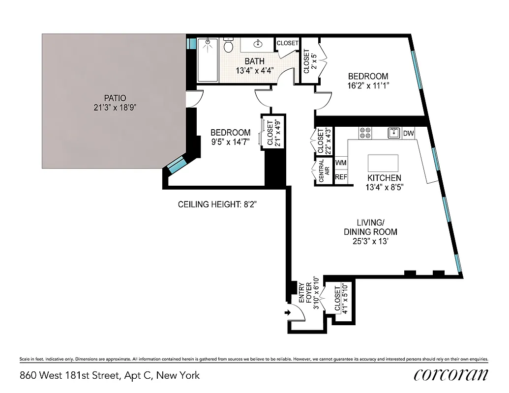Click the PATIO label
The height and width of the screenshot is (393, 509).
coord(115,98)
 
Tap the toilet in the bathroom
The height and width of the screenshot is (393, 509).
coord(228,46)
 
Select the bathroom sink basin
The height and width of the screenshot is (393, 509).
coord(257,44)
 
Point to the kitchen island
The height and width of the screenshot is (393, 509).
coord(383,163)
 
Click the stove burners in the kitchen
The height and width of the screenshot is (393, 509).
coord(365,133)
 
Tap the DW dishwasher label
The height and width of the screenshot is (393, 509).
coord(408,133)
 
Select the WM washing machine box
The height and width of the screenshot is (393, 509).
coord(341,163)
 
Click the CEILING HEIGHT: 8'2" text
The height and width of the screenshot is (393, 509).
coord(217,204)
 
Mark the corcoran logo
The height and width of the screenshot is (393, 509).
coord(451,375)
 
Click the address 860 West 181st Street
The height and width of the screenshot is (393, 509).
coord(109,376)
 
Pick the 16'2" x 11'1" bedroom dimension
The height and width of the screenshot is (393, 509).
coord(368,85)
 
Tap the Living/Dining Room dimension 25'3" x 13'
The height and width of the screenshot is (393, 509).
coord(370,241)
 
